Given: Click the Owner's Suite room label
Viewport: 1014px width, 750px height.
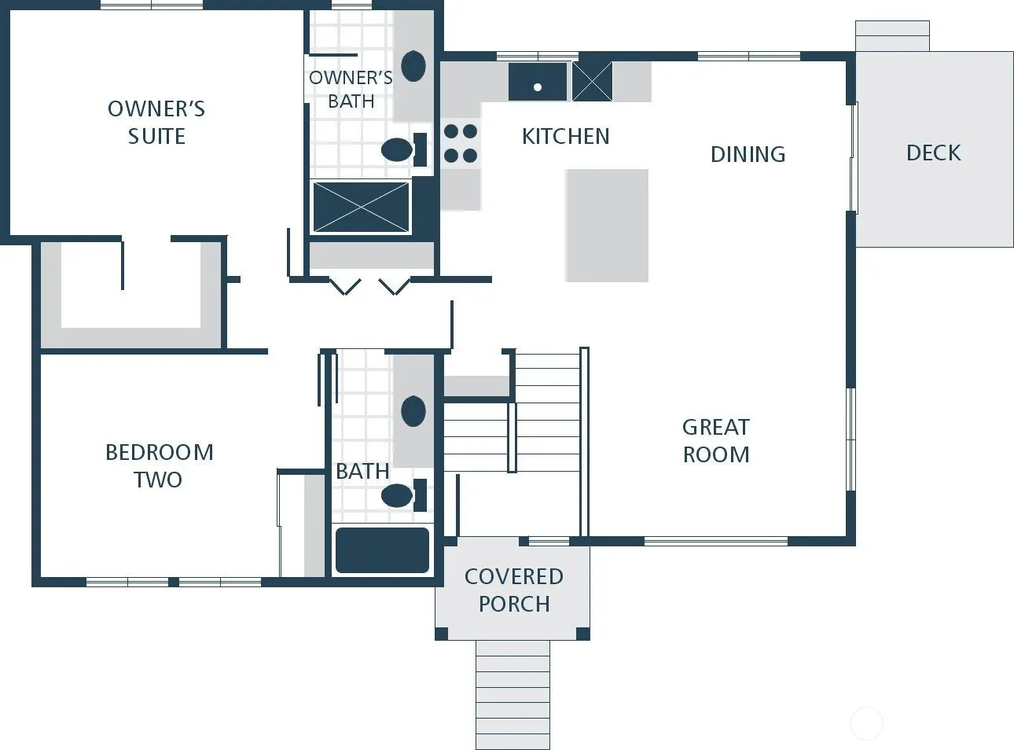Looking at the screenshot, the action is pyautogui.click(x=156, y=123).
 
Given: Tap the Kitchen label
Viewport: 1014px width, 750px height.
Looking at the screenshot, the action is pyautogui.click(x=565, y=136).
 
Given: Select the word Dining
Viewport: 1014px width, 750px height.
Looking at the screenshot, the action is pyautogui.click(x=748, y=154).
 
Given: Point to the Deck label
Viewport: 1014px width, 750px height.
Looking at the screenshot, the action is pyautogui.click(x=934, y=153).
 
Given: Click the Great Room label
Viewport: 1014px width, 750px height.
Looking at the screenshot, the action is pyautogui.click(x=716, y=441).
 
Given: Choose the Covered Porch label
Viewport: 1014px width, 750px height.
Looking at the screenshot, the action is pyautogui.click(x=514, y=590).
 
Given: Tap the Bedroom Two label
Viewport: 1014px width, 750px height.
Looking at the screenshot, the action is pyautogui.click(x=159, y=466).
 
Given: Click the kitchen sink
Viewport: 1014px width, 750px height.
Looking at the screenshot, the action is pyautogui.click(x=538, y=82).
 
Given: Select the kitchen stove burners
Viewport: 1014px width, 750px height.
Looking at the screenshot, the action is pyautogui.click(x=461, y=144).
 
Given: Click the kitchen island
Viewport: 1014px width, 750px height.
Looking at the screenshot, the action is pyautogui.click(x=607, y=226).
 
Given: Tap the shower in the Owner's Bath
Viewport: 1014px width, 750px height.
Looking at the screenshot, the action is pyautogui.click(x=361, y=207).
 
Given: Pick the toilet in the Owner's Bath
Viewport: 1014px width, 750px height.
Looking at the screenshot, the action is pyautogui.click(x=404, y=149).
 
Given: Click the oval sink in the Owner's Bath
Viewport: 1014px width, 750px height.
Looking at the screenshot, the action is pyautogui.click(x=413, y=66).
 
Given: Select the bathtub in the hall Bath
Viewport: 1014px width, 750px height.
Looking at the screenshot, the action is pyautogui.click(x=382, y=550).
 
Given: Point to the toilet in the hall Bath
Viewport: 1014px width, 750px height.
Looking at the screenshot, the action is pyautogui.click(x=404, y=495).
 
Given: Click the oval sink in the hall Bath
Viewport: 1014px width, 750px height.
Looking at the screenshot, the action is pyautogui.click(x=413, y=411).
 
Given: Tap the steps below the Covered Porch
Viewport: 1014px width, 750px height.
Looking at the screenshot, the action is pyautogui.click(x=513, y=695).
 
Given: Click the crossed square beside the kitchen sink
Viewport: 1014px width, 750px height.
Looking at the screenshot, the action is pyautogui.click(x=592, y=82).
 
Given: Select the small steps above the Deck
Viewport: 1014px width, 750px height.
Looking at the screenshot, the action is pyautogui.click(x=892, y=35).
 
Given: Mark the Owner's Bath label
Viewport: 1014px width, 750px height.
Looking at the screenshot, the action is pyautogui.click(x=351, y=90).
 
